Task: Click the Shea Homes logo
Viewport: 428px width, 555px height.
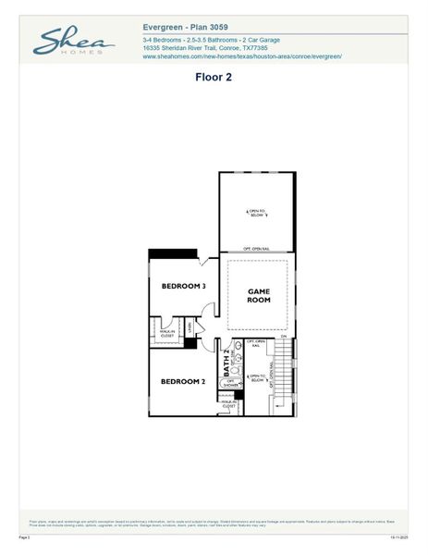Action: tap(73, 42)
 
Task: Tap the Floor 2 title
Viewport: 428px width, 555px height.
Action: tap(214, 78)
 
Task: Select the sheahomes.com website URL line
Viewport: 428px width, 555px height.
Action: tap(242, 57)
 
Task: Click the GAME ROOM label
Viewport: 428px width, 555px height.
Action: tap(258, 296)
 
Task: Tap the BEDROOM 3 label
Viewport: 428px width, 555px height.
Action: tap(183, 287)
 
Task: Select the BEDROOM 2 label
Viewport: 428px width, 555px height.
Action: tap(182, 381)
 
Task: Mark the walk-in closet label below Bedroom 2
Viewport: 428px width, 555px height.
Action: tap(228, 404)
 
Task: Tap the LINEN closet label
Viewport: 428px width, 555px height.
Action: tap(190, 327)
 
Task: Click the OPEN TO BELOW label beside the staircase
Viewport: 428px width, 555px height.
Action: tap(256, 377)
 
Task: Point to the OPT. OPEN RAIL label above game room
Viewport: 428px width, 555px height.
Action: tap(256, 249)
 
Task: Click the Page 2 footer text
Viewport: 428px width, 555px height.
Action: tap(25, 536)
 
